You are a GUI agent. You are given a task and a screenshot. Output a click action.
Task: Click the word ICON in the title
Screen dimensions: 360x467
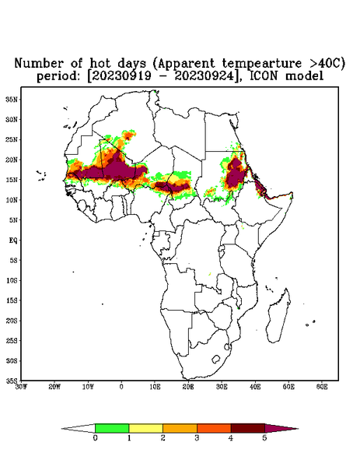[x=264, y=76]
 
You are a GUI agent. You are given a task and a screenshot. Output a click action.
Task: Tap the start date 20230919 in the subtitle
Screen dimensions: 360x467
[x=121, y=76]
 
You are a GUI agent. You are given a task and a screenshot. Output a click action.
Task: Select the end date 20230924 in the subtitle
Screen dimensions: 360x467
[x=204, y=76]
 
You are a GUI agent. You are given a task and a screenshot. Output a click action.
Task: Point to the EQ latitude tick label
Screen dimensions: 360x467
[x=13, y=240]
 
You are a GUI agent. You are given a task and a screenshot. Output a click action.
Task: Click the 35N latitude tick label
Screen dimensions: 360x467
[x=12, y=99]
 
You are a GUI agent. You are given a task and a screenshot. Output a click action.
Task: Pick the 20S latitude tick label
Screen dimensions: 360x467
[x=12, y=321]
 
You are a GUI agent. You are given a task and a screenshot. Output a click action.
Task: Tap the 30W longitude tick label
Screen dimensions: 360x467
[x=21, y=387]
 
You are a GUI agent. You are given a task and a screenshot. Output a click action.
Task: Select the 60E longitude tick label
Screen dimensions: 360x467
[x=322, y=387]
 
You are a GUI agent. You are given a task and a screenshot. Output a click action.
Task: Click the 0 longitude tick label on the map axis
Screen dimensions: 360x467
[x=121, y=387]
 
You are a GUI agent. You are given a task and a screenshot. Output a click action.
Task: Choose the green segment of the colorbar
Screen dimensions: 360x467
[x=112, y=428]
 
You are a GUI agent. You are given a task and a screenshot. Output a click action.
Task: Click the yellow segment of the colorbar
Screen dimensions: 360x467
[x=145, y=428]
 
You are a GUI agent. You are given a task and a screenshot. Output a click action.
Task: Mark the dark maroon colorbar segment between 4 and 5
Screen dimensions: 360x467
[x=248, y=428]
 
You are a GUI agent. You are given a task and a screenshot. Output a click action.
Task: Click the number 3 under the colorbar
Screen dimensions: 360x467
[x=197, y=438]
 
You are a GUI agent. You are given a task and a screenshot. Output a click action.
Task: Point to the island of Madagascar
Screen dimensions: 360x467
[x=279, y=316]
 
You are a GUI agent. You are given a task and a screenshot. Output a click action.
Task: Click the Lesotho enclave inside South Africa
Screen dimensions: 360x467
[x=216, y=359]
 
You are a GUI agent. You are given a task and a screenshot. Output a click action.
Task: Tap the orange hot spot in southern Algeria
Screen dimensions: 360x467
[x=128, y=136]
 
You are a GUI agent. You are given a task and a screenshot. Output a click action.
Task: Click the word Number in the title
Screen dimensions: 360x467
[x=40, y=64]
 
